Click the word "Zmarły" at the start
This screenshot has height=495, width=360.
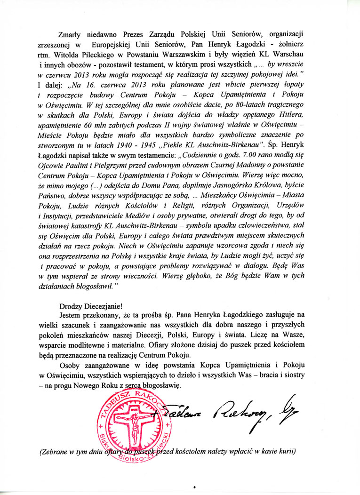[67, 34]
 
